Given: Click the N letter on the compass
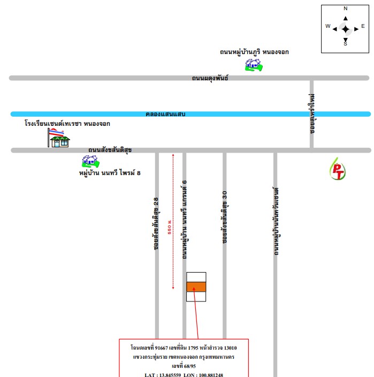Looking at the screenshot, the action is click(346, 9).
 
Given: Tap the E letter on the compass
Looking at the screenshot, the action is click(363, 26).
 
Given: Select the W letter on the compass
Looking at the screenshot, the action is click(328, 26).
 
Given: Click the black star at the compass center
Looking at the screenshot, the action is click(346, 29).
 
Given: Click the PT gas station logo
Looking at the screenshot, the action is click(338, 169).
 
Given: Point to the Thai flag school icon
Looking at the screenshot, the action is click(59, 138).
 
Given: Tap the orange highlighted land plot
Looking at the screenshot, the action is click(196, 287).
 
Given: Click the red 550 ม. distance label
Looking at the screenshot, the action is click(170, 227).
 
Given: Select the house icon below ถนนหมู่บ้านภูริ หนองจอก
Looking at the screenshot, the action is click(254, 65).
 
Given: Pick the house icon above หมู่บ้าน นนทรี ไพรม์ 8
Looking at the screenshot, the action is click(90, 161).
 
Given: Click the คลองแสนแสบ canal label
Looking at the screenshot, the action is click(165, 114).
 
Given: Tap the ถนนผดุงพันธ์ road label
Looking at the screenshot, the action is click(210, 78).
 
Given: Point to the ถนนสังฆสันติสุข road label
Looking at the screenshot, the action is click(110, 150).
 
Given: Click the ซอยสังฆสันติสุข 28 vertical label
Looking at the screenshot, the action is click(156, 224).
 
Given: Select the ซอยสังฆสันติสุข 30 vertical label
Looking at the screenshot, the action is click(224, 217).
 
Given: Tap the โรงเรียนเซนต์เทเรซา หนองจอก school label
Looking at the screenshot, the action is click(67, 124).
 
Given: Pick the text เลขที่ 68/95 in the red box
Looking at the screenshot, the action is click(184, 366).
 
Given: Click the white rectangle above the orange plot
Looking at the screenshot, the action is click(196, 277).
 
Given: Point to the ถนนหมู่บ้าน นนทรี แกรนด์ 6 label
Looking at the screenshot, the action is click(184, 220).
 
